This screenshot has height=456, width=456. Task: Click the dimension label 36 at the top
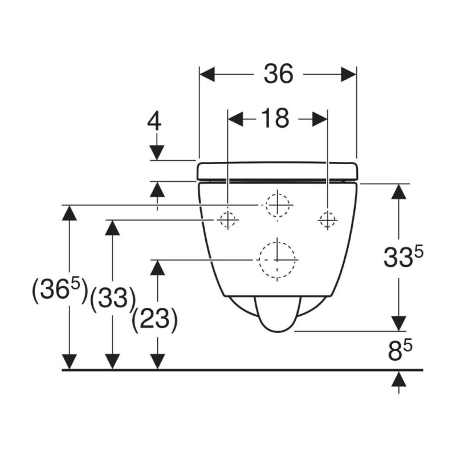(x=278, y=74)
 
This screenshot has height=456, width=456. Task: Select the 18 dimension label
(x=275, y=118)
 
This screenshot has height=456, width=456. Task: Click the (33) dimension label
(x=113, y=299)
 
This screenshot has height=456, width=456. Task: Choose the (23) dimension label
(x=154, y=320)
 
